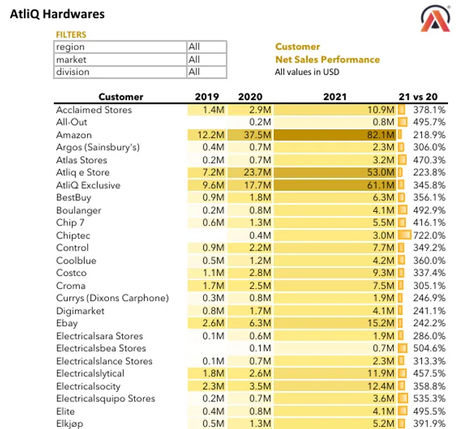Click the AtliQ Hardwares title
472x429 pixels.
57,14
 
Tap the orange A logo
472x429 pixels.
439,20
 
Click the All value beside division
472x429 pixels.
194,72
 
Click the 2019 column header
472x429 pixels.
207,97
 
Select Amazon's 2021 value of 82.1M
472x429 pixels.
381,135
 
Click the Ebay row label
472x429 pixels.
67,323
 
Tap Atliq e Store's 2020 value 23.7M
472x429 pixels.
257,173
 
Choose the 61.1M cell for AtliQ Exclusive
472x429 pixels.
381,185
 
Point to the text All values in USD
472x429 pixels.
307,72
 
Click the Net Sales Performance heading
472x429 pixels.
327,59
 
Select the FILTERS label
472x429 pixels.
70,34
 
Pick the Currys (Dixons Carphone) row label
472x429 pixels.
112,298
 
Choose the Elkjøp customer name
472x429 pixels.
70,423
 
